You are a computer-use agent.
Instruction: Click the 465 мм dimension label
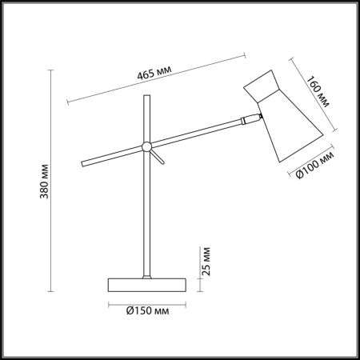154,72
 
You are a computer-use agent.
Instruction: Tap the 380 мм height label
45,181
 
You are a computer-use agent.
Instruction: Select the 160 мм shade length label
317,91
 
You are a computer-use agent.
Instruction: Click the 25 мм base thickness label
206,262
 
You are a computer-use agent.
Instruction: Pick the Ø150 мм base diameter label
147,310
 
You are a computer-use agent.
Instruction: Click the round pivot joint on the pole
146,146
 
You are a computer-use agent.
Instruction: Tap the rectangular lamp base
147,285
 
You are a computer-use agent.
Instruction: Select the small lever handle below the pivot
158,157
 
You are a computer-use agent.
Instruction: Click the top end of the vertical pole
146,96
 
